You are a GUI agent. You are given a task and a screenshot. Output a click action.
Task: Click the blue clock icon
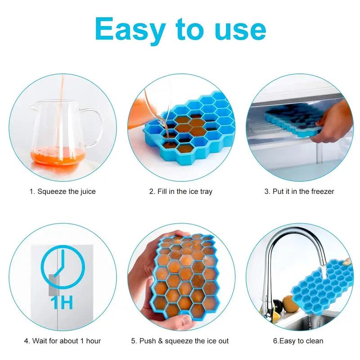[63, 268]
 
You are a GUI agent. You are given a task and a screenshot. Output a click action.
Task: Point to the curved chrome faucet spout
[288, 243]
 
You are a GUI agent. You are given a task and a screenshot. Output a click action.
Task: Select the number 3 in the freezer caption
[266, 191]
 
